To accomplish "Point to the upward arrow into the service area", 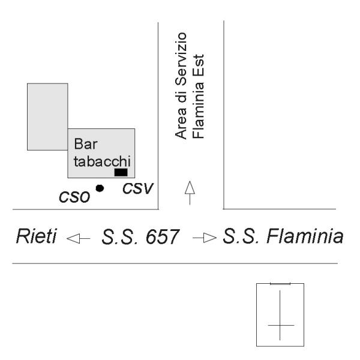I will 190,192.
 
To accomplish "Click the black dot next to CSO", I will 100,188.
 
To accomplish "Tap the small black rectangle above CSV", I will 121,172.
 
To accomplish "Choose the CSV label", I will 138,188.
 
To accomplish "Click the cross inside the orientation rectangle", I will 280,325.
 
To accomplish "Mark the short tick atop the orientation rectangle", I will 280,283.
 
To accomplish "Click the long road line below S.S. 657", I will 174,264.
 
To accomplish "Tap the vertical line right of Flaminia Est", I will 223,114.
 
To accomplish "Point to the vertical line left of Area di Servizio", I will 158,114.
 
